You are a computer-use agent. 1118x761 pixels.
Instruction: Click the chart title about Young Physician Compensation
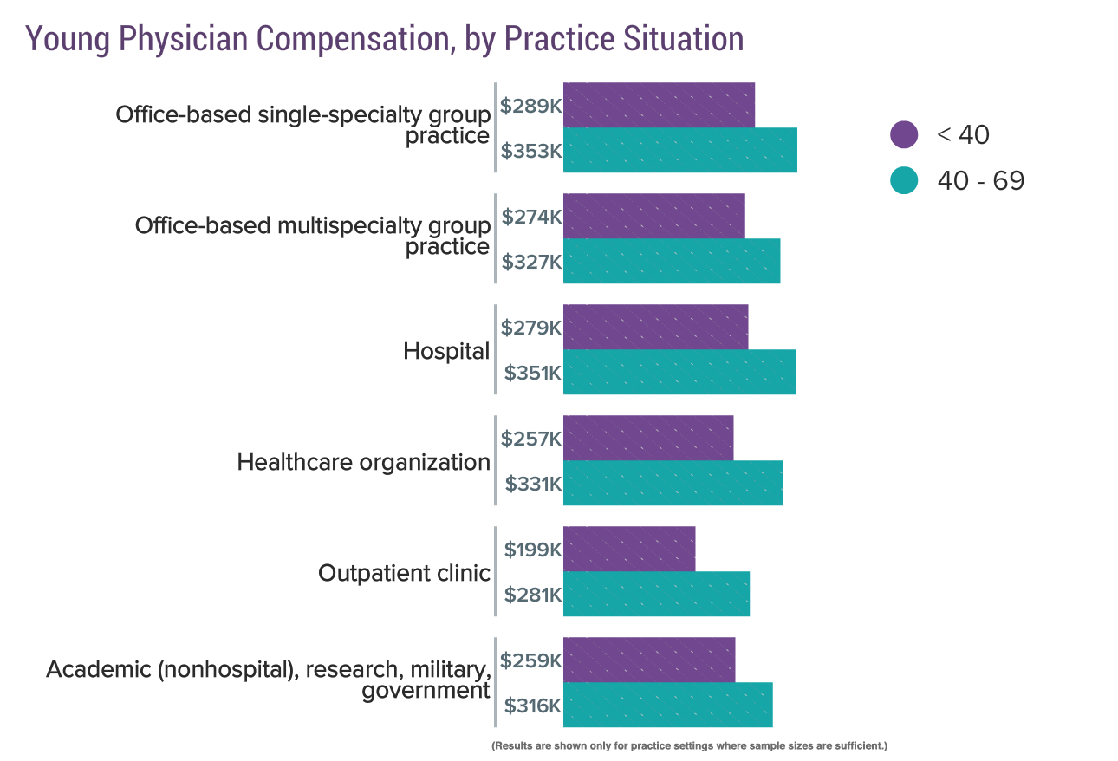[x=384, y=39]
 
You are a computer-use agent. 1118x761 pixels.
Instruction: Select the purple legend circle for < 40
[x=904, y=134]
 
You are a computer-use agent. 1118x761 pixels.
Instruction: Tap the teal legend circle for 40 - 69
[x=904, y=180]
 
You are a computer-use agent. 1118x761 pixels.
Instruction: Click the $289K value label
[x=531, y=106]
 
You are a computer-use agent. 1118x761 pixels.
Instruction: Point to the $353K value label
[x=531, y=151]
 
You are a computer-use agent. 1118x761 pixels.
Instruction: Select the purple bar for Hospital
[x=655, y=328]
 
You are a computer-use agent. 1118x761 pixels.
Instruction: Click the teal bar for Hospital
[x=679, y=373]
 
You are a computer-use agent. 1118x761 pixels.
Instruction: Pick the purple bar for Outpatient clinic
[x=629, y=549]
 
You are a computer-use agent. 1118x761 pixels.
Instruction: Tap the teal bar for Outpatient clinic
[x=656, y=594]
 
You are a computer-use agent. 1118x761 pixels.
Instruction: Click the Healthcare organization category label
[x=363, y=462]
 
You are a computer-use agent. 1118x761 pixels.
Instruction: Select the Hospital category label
[x=446, y=351]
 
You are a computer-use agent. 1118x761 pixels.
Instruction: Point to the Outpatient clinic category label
[x=404, y=573]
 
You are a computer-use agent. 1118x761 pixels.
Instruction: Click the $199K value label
[x=533, y=549]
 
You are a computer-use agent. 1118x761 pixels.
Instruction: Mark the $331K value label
[x=533, y=483]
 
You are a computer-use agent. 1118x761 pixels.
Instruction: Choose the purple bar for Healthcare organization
[x=648, y=438]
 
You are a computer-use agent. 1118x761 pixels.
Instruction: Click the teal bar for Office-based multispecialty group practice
[x=672, y=261]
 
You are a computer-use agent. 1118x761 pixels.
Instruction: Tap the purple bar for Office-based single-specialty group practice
[x=659, y=106]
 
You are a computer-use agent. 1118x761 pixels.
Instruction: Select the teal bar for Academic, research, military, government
[x=667, y=705]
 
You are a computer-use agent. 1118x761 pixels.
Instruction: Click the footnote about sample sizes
[x=689, y=745]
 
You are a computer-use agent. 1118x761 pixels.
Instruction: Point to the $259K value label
[x=531, y=660]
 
